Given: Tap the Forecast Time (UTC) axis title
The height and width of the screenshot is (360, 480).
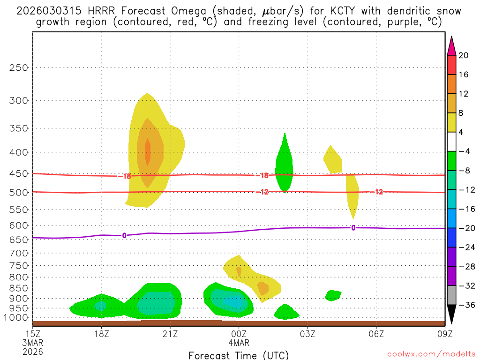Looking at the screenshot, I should coord(239,355).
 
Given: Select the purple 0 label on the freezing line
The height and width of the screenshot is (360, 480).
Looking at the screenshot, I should coord(124,235).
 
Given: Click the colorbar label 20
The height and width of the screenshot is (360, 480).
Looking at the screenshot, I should coord(464,55).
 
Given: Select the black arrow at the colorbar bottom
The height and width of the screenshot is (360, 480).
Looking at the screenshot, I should coord(451,315).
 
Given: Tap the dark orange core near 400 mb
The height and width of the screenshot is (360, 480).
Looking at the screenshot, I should coord(148,152).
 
